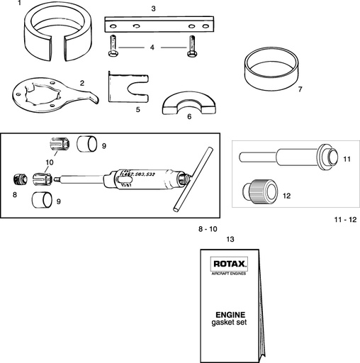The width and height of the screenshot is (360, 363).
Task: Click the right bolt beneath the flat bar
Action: (x=191, y=50)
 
